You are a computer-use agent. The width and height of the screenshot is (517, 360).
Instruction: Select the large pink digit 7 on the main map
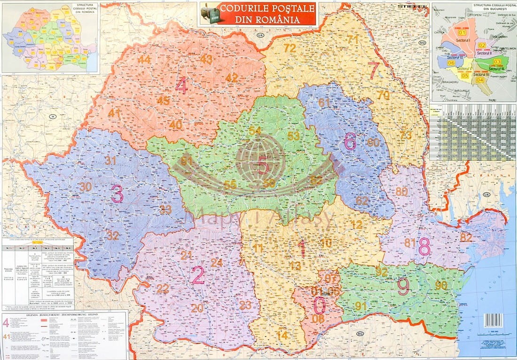(x=374, y=70)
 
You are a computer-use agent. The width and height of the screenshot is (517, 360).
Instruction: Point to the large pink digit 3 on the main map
(x=117, y=194)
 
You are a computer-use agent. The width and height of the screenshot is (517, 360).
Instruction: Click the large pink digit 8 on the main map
(x=424, y=246)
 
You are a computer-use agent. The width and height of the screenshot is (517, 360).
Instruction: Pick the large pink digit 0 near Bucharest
(x=319, y=306)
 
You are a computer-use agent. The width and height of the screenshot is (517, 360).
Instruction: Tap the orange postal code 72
(x=290, y=48)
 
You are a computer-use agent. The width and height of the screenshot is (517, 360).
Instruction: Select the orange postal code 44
(x=144, y=59)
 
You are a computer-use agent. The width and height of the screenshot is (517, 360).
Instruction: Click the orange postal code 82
(x=466, y=237)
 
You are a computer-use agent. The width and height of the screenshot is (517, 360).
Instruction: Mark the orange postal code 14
(x=282, y=336)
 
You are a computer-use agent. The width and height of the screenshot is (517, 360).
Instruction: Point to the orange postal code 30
(x=85, y=187)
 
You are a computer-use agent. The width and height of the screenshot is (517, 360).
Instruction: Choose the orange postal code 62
(x=362, y=201)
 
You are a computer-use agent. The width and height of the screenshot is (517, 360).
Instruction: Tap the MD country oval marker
(x=422, y=43)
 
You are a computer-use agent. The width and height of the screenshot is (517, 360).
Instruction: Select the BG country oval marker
(x=360, y=334)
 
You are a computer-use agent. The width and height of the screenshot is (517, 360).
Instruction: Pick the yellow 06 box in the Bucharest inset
(x=451, y=63)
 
